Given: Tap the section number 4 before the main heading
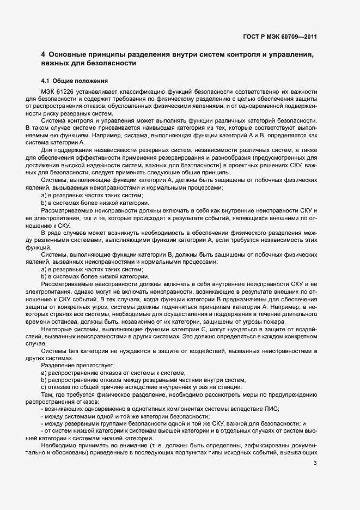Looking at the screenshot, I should [43, 54].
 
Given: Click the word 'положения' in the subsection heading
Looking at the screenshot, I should [83, 81].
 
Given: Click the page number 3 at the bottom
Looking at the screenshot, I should [315, 463].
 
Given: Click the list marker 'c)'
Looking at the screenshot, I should [44, 387].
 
